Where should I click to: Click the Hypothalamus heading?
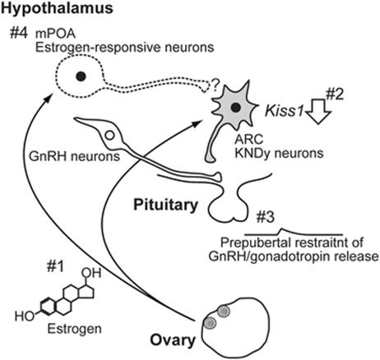click(x=57, y=8)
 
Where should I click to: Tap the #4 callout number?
click(x=19, y=34)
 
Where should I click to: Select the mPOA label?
click(x=56, y=35)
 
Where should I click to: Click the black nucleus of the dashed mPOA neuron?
click(x=81, y=76)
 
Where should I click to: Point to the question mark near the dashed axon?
click(x=215, y=85)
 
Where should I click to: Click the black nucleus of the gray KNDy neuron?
click(x=235, y=108)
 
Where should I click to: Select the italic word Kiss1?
click(x=284, y=112)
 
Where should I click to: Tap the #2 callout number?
click(x=335, y=95)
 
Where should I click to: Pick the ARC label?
click(x=248, y=140)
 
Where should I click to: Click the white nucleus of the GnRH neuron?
click(x=109, y=135)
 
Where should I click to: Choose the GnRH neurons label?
click(x=74, y=157)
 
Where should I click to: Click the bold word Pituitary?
click(x=165, y=205)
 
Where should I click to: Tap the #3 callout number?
click(x=265, y=217)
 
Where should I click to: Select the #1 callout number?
click(x=55, y=266)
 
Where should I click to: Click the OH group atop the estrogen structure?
click(x=91, y=273)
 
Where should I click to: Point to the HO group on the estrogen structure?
click(x=25, y=316)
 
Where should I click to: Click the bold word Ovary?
click(x=173, y=340)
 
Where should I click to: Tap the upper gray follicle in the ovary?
click(x=224, y=312)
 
